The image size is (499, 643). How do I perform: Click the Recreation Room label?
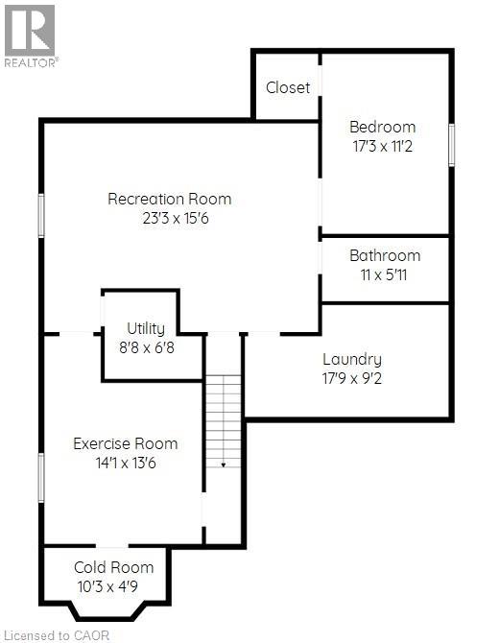tap(169, 200)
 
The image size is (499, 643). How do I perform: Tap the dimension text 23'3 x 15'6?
tap(169, 218)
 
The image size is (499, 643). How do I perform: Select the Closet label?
tap(288, 87)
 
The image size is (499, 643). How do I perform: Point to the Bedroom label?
tap(382, 127)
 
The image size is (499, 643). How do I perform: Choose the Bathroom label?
tap(385, 255)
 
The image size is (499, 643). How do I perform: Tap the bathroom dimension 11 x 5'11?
tap(385, 274)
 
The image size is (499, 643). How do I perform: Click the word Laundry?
tap(351, 359)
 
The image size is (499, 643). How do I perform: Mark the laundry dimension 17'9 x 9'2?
tap(351, 377)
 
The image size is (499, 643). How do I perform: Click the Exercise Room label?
tap(126, 443)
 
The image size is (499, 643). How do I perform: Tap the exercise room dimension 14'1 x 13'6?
tap(126, 462)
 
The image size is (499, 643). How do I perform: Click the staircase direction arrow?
tap(223, 464)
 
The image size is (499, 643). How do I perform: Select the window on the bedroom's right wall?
tap(451, 144)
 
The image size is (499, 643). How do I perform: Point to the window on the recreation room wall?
tap(40, 215)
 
